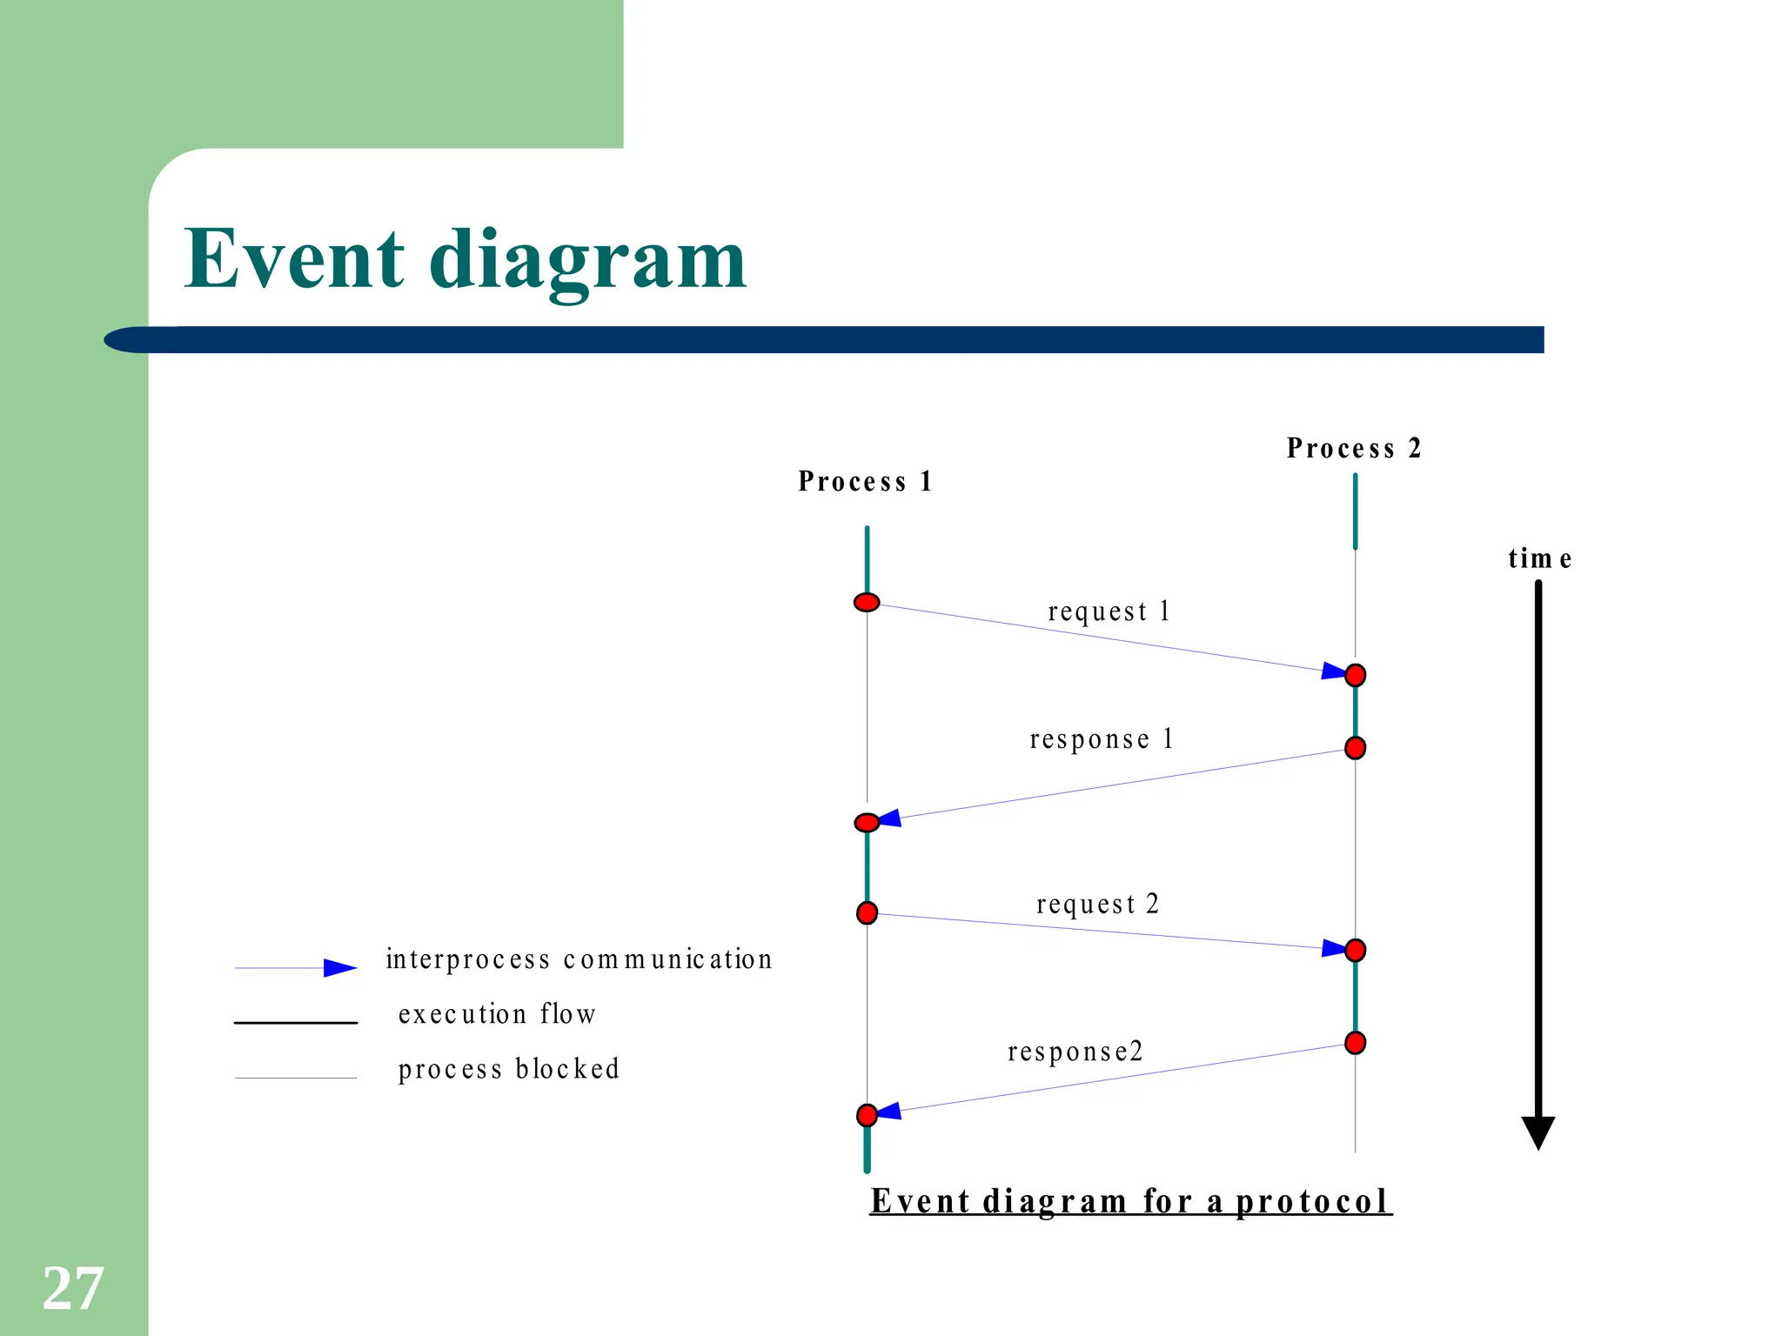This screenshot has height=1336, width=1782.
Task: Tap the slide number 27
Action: coord(73,1288)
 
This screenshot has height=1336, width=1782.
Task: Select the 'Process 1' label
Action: coord(865,482)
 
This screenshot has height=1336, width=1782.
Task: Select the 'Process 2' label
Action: coord(1354,449)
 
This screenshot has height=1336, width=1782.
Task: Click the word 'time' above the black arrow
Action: coord(1539,558)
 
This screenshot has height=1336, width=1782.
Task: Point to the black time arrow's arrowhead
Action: coord(1537,1132)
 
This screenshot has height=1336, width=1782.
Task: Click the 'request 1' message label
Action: coord(1109,611)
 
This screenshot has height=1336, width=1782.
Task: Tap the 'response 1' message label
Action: coord(1102,739)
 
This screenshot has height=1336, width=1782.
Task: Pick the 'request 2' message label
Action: coord(1097,905)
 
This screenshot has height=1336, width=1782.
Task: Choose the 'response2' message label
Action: coord(1075,1052)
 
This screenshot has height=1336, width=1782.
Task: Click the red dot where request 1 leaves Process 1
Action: coord(867,602)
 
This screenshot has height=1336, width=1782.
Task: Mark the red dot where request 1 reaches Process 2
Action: coord(1355,675)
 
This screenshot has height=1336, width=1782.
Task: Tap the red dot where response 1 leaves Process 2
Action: coord(1355,748)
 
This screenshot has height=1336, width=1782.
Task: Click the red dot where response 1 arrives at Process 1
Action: coord(867,823)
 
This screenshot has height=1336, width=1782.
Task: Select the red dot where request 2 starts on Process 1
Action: coord(867,912)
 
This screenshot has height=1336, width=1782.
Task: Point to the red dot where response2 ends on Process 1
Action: coord(867,1115)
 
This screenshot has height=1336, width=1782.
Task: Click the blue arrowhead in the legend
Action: coord(339,968)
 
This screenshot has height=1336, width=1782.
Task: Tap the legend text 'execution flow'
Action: coord(497,1015)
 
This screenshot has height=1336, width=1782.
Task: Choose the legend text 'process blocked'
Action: coord(508,1070)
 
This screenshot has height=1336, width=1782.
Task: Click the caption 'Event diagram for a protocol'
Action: coord(1130,1202)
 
